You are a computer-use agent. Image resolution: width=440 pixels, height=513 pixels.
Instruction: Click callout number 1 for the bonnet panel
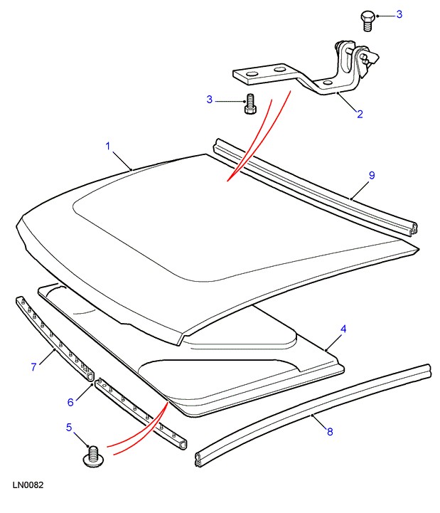click(x=108, y=146)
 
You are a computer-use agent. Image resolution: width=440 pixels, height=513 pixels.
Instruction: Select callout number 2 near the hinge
click(x=360, y=114)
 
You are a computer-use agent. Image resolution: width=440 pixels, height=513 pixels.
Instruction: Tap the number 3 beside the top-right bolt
click(x=399, y=14)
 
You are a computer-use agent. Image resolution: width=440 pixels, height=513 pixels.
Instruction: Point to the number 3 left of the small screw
click(x=210, y=100)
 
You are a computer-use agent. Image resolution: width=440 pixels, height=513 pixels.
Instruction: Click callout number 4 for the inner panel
click(x=343, y=329)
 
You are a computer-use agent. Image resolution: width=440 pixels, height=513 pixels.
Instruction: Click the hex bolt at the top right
click(x=367, y=21)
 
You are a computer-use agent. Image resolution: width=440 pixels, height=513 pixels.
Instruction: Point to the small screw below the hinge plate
click(x=250, y=104)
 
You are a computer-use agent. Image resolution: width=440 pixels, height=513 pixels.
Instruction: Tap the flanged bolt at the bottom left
click(x=94, y=456)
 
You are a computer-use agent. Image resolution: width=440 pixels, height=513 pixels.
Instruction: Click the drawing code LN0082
click(x=28, y=485)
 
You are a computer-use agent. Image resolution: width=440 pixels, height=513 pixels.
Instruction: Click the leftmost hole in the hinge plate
click(x=252, y=74)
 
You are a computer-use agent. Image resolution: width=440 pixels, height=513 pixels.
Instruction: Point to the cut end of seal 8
click(x=198, y=460)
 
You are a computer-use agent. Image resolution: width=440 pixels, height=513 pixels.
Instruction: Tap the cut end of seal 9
click(x=413, y=228)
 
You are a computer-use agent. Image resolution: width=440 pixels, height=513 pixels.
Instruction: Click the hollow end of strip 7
click(x=90, y=376)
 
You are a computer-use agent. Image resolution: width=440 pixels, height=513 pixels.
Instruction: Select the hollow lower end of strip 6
click(x=183, y=445)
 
